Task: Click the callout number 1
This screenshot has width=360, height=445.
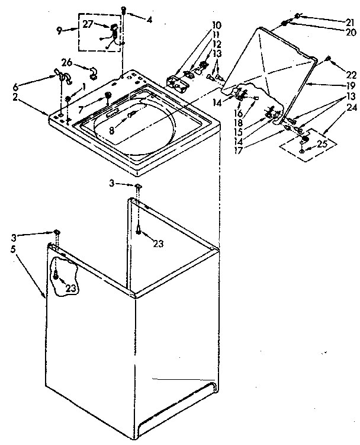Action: click(x=85, y=87)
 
